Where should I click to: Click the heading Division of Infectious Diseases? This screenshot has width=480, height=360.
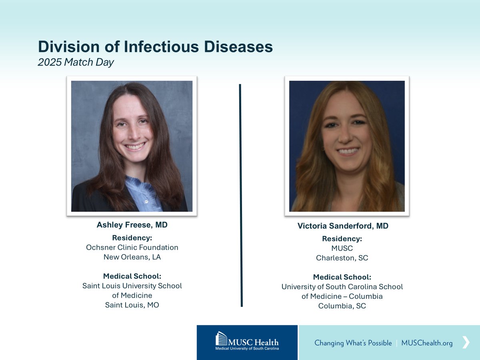pyautogui.click(x=155, y=47)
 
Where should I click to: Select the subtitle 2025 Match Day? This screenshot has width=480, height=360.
pyautogui.click(x=76, y=62)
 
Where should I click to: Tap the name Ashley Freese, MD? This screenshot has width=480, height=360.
pyautogui.click(x=132, y=225)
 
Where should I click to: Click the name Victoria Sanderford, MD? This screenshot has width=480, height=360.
pyautogui.click(x=343, y=226)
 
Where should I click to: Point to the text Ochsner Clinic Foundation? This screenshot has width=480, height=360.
pyautogui.click(x=132, y=247)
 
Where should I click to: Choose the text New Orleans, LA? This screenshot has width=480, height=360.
pyautogui.click(x=132, y=257)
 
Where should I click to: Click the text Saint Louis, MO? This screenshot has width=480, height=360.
pyautogui.click(x=132, y=305)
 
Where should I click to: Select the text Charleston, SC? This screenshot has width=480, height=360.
pyautogui.click(x=342, y=258)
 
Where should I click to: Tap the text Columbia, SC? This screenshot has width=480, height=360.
pyautogui.click(x=342, y=306)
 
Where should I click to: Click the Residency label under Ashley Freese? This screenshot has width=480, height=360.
pyautogui.click(x=132, y=238)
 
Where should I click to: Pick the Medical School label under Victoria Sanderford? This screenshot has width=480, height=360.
pyautogui.click(x=342, y=277)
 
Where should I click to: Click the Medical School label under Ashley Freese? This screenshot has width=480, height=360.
pyautogui.click(x=132, y=276)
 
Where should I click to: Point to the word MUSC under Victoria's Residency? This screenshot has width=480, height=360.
pyautogui.click(x=342, y=248)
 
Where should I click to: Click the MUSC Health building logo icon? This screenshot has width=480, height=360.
pyautogui.click(x=221, y=339)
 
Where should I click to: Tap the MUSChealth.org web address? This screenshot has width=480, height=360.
pyautogui.click(x=427, y=343)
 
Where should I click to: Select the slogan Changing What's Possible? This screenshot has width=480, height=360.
pyautogui.click(x=353, y=343)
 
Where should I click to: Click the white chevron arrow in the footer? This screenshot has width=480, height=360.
pyautogui.click(x=466, y=342)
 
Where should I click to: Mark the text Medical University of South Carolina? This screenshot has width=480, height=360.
pyautogui.click(x=247, y=348)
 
